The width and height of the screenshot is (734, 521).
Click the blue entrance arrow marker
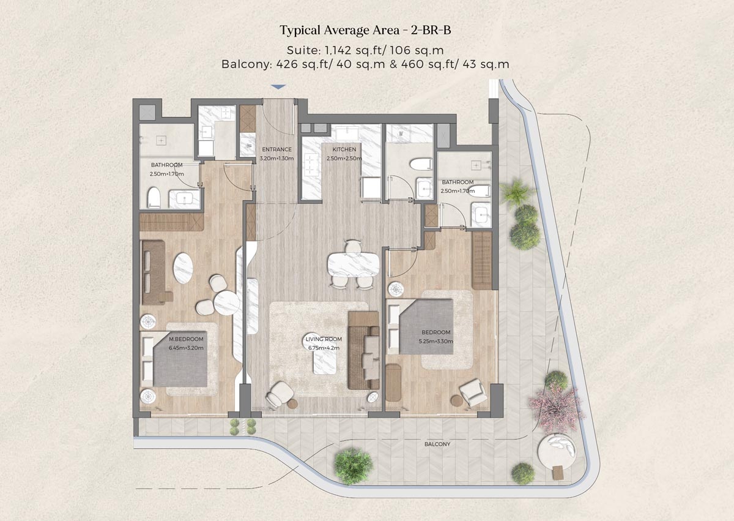coord(278,88)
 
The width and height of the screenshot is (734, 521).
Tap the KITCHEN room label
coord(344,149)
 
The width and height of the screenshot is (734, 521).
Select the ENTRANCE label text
coord(276,149)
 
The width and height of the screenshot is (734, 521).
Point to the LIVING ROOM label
coord(324,339)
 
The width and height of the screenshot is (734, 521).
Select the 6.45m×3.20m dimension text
coord(186,348)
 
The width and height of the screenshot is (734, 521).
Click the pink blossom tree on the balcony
coord(556,405)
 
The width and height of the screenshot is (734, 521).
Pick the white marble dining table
coord(354,265)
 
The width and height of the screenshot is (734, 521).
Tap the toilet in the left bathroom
coord(153,197)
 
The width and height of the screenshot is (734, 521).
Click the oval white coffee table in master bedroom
coord(183,268)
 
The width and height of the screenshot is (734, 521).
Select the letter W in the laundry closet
coord(399,133)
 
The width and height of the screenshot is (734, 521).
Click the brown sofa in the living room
coord(363,350)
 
